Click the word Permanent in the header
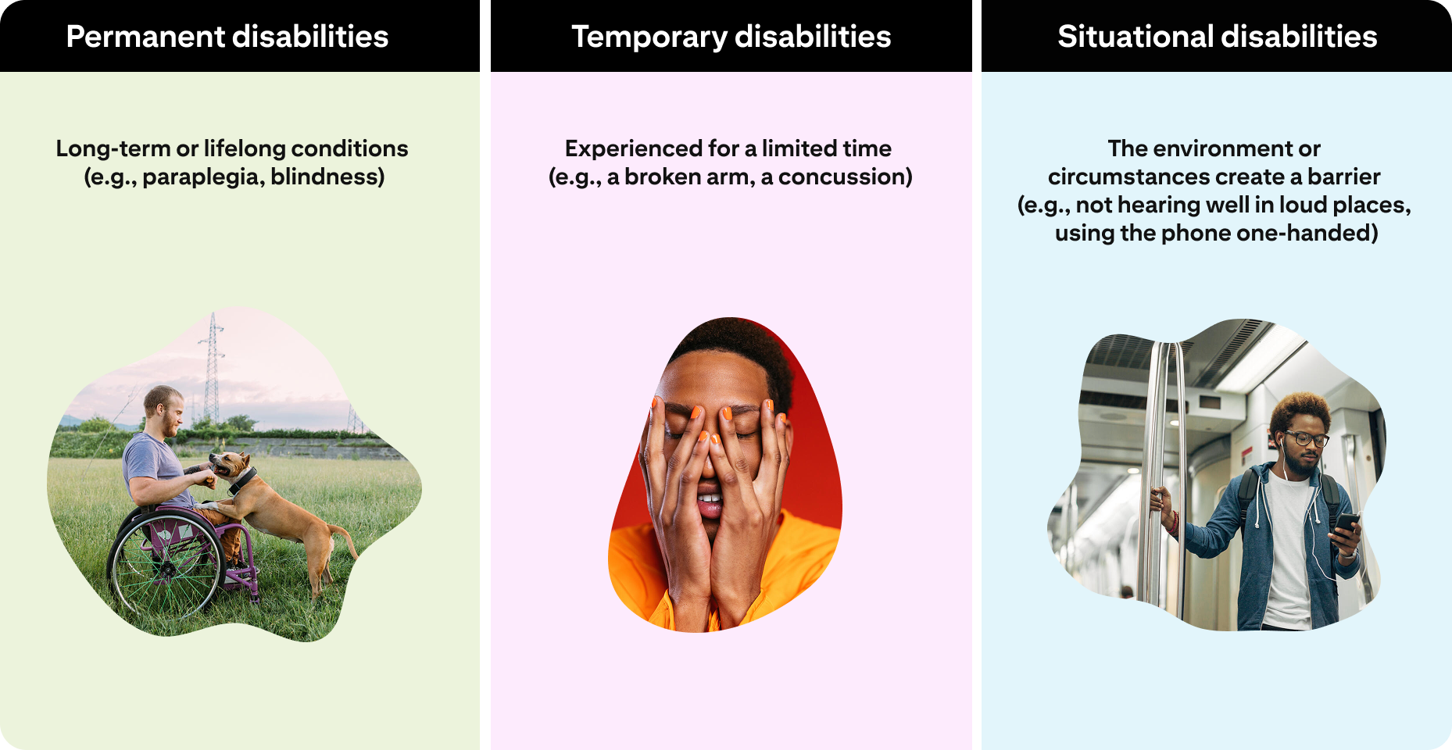click(145, 37)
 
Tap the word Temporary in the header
click(649, 37)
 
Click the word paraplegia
click(203, 177)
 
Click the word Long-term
click(113, 148)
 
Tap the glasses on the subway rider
click(1307, 438)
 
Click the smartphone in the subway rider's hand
click(1346, 522)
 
